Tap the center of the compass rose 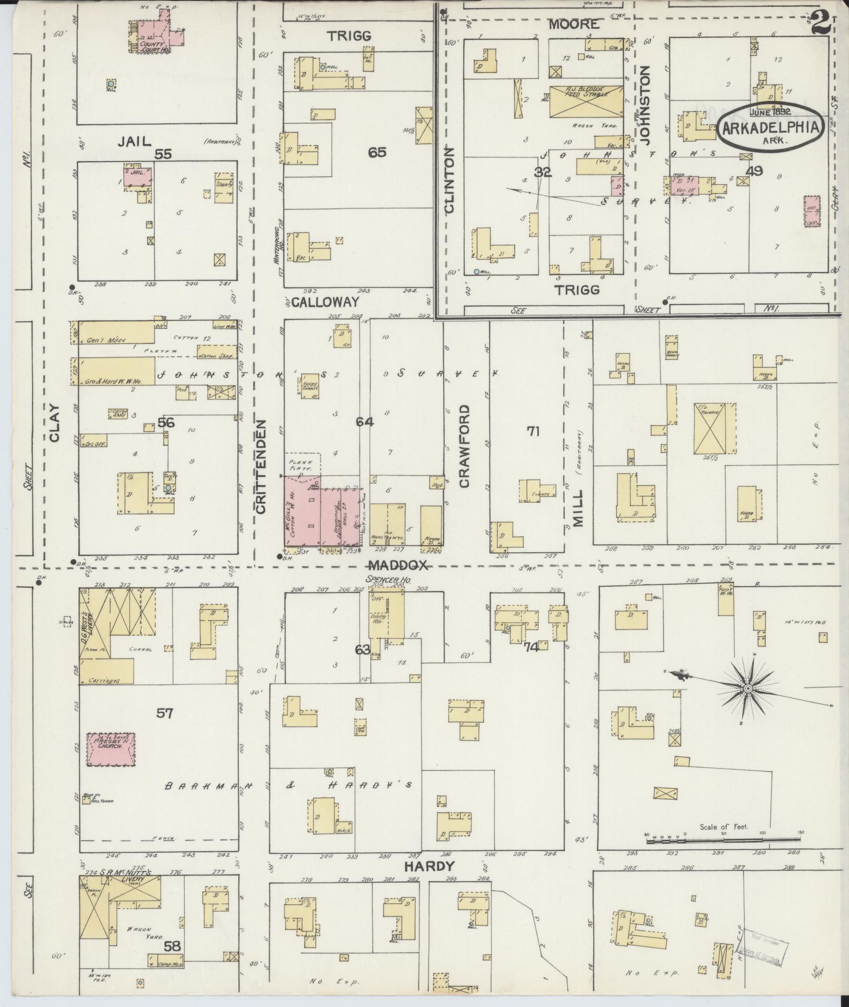coord(747,689)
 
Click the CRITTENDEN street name coord(261,466)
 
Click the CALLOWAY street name coord(325,302)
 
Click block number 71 coord(533,431)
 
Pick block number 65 coord(377,153)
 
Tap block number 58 coord(172,946)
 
